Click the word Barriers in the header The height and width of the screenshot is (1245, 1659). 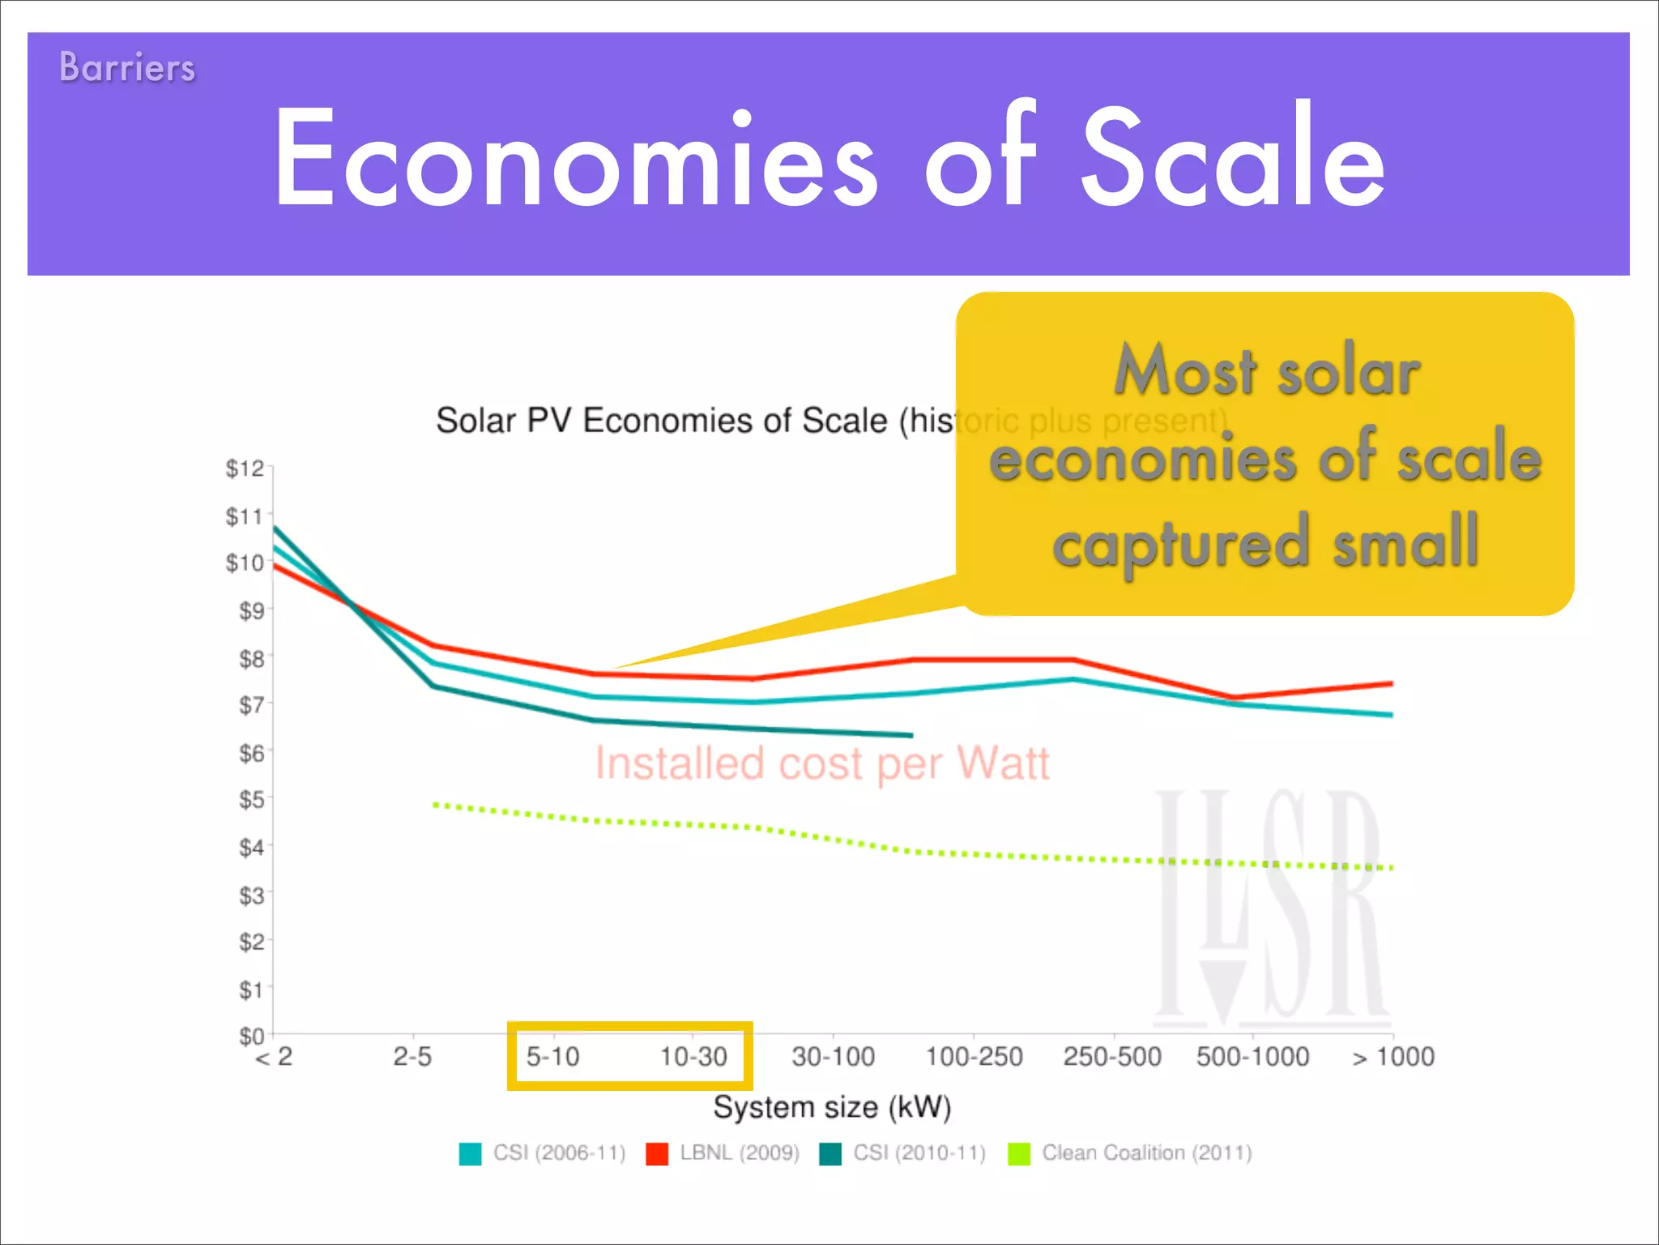127,67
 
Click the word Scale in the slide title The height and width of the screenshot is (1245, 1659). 1233,158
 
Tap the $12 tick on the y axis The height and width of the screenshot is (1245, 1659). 245,468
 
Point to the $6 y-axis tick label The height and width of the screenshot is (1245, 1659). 251,754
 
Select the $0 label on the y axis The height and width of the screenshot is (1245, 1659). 251,1036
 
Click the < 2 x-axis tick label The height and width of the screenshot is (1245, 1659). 274,1057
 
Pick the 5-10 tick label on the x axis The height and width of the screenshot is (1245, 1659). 553,1057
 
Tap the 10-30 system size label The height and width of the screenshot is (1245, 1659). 693,1057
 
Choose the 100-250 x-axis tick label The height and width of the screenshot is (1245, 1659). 974,1057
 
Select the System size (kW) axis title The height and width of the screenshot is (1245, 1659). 832,1107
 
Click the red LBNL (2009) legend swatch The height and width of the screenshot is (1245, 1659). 657,1153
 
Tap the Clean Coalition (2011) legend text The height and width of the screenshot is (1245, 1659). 1146,1153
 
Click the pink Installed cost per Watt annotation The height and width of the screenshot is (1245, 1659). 822,764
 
